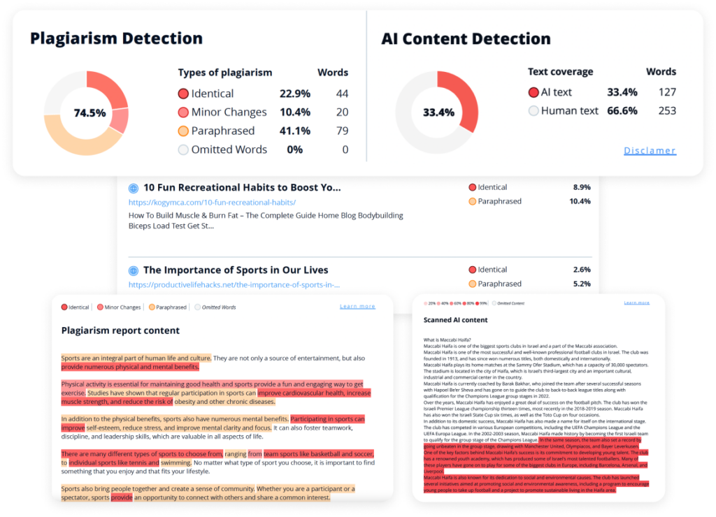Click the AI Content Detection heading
tap(466, 38)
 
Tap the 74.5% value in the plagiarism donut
tap(89, 112)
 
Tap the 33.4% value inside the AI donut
tap(438, 112)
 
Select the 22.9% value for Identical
tap(294, 94)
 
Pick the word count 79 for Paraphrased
tap(341, 131)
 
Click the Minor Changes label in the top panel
tap(229, 112)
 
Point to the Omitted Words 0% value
tap(294, 150)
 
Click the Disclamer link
tap(650, 150)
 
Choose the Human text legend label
tap(569, 110)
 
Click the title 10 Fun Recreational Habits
tap(241, 187)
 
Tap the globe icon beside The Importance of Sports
tap(134, 270)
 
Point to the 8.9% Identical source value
tap(582, 187)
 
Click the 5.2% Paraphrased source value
tap(582, 284)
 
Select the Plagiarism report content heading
tap(120, 330)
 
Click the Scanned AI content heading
tap(455, 320)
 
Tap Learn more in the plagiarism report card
tap(357, 307)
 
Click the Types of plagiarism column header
tap(224, 73)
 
